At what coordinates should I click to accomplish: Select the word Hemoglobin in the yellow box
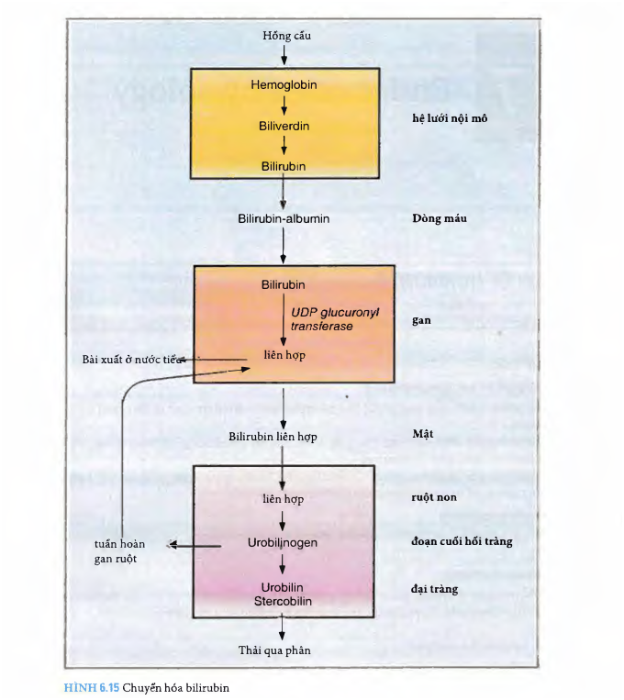pyautogui.click(x=284, y=85)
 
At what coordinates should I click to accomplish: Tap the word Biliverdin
pyautogui.click(x=284, y=125)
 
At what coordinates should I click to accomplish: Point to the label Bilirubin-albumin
pyautogui.click(x=284, y=219)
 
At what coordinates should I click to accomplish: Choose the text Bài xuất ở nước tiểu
pyautogui.click(x=127, y=360)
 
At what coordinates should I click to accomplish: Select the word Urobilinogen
pyautogui.click(x=284, y=544)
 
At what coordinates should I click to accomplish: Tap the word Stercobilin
pyautogui.click(x=284, y=600)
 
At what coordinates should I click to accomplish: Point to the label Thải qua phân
pyautogui.click(x=283, y=650)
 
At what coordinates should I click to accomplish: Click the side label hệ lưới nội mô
pyautogui.click(x=454, y=120)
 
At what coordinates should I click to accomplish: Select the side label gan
pyautogui.click(x=421, y=322)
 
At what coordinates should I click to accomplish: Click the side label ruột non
pyautogui.click(x=435, y=497)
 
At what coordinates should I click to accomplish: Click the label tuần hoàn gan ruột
pyautogui.click(x=119, y=550)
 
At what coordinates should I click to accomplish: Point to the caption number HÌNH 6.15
pyautogui.click(x=91, y=687)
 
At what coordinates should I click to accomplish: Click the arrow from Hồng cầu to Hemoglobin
pyautogui.click(x=284, y=55)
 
